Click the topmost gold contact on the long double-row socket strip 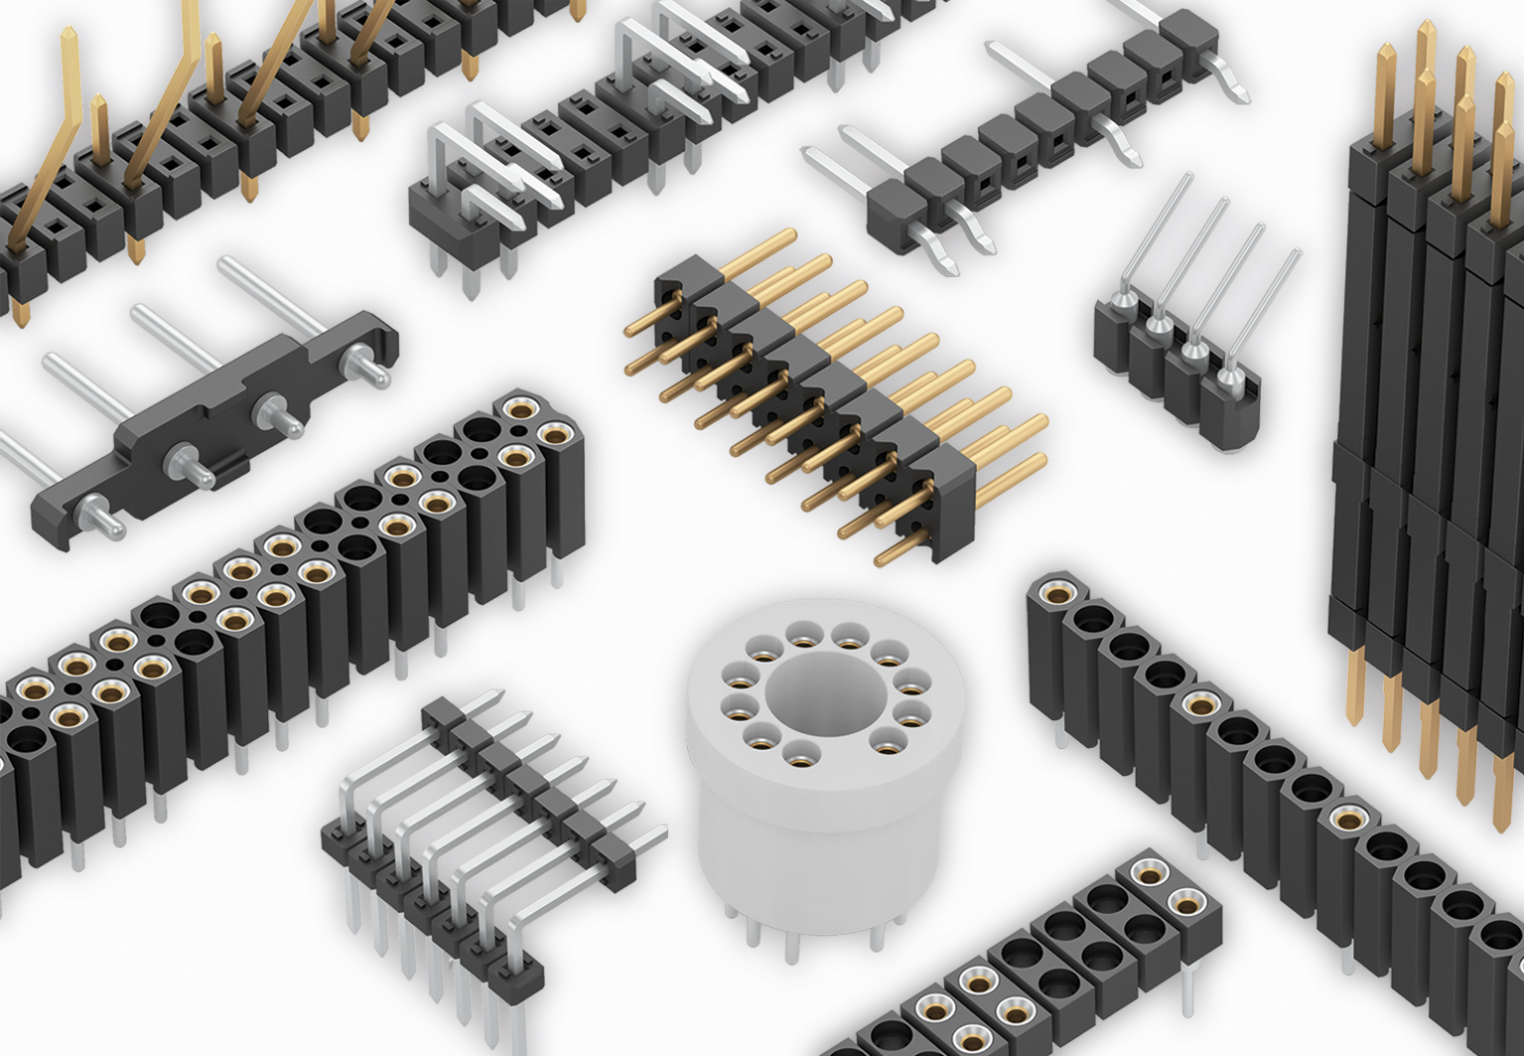(518, 407)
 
